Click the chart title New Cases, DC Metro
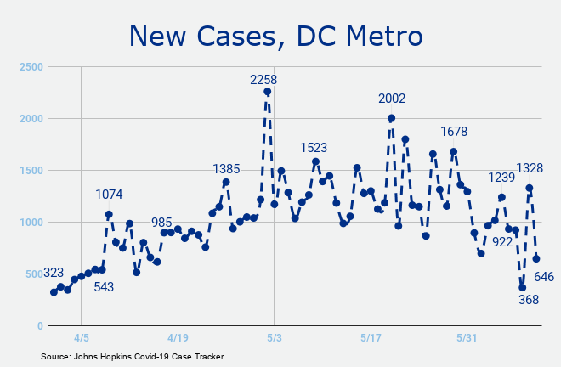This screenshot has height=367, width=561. tap(276, 36)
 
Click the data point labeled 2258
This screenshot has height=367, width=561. tap(267, 92)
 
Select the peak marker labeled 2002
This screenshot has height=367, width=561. tap(391, 118)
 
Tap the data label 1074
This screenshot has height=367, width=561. tap(109, 195)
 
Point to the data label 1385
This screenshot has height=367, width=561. tap(226, 169)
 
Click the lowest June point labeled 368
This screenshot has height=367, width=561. tap(523, 288)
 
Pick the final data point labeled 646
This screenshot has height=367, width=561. tap(536, 258)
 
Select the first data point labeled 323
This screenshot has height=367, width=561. tap(54, 292)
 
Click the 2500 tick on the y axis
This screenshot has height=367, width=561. tap(31, 67)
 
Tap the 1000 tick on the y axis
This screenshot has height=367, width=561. tap(31, 222)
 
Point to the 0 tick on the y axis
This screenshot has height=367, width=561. tap(40, 326)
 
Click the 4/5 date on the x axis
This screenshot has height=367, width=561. tap(82, 338)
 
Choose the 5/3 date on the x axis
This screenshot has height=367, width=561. tap(275, 338)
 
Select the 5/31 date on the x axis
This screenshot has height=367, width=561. tap(467, 338)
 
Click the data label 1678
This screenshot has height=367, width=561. tap(454, 132)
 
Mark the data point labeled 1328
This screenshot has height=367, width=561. tap(530, 188)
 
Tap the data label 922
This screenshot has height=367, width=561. tap(502, 242)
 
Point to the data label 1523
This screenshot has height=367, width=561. tap(314, 148)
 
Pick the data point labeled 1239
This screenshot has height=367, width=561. tap(501, 197)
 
